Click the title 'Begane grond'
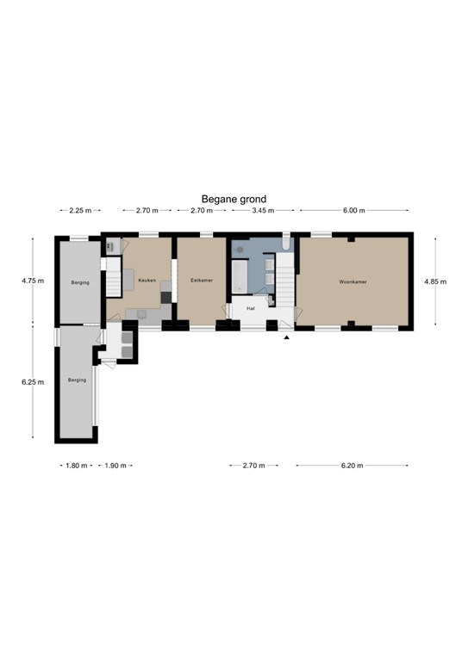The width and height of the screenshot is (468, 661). click(234, 198)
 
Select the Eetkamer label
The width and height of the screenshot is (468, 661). click(202, 281)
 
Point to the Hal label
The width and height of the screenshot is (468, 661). click(250, 307)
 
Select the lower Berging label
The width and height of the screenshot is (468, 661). click(77, 380)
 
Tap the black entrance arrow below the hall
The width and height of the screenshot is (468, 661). click(286, 337)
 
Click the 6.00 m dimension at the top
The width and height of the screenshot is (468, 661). click(353, 211)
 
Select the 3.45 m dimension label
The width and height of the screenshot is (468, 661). click(262, 211)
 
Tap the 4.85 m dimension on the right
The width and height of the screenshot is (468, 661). click(436, 281)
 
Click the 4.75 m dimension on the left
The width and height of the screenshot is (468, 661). click(33, 281)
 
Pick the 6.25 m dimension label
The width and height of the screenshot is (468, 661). click(33, 381)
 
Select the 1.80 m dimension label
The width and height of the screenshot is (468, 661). click(76, 466)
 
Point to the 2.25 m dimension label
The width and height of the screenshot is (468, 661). click(80, 211)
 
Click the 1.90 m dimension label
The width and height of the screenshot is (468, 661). click(115, 466)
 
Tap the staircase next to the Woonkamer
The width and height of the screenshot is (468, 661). click(285, 280)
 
